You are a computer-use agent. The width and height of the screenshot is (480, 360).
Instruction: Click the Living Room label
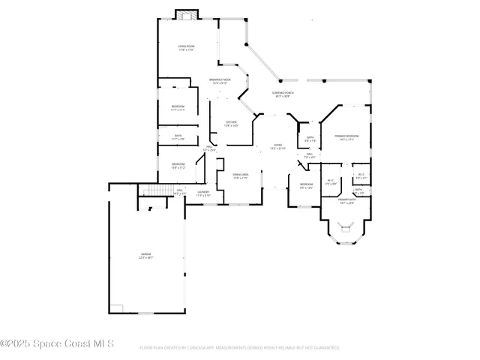point(186,48)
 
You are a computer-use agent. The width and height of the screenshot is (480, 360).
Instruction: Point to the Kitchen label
point(231,124)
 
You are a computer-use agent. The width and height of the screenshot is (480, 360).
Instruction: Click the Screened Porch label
point(283,94)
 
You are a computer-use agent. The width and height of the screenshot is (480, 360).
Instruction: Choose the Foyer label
point(277,146)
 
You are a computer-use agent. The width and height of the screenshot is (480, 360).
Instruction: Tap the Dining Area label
point(241,175)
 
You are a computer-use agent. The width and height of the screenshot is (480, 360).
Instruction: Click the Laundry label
point(203,193)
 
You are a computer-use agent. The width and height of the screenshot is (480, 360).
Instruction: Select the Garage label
point(145,256)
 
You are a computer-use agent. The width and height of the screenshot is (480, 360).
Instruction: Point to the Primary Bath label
point(346,201)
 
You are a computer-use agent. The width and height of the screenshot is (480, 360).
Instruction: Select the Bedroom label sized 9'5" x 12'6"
point(306,185)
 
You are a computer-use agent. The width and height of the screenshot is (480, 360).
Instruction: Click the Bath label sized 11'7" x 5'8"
point(178,137)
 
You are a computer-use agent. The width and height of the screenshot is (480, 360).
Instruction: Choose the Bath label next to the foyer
point(310,139)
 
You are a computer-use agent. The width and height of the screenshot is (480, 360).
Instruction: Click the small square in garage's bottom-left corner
point(117,309)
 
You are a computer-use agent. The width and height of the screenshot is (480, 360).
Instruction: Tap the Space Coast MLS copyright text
point(57,344)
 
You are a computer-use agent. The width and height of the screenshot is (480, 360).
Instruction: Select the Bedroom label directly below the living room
point(178,107)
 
